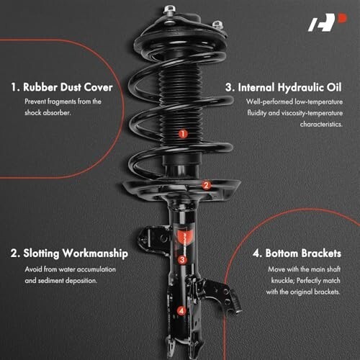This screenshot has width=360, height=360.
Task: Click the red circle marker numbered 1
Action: click(x=183, y=134)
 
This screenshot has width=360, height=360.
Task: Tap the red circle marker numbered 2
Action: click(x=206, y=185)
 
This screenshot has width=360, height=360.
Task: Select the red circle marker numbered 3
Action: click(x=182, y=260)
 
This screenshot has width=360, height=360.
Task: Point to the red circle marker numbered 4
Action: click(x=181, y=311)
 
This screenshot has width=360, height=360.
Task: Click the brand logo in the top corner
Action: click(x=328, y=22)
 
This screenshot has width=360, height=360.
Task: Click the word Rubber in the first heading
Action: click(x=40, y=87)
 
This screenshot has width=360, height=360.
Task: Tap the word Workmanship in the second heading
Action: click(x=95, y=253)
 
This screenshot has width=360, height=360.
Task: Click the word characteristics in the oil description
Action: click(x=321, y=125)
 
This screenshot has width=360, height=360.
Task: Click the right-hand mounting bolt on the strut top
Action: click(x=218, y=25)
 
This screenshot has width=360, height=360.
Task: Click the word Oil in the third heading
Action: click(x=334, y=87)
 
